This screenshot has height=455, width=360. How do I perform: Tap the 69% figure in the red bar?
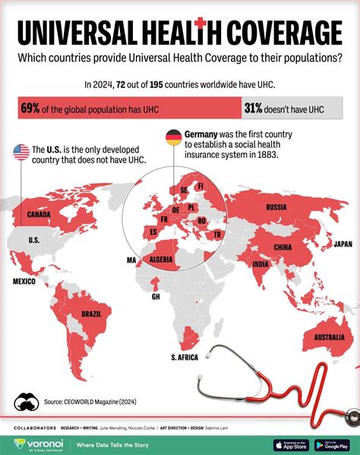[31, 109]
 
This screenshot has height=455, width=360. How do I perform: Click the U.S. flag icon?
[21, 153]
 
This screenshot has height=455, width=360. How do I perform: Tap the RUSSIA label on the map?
[275, 207]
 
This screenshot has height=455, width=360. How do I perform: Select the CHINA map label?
[282, 247]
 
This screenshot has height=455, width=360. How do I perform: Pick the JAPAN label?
[343, 244]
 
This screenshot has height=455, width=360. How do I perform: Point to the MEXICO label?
[24, 281]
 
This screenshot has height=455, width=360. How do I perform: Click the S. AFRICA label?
[184, 357]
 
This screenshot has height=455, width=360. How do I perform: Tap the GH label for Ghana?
[156, 297]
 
